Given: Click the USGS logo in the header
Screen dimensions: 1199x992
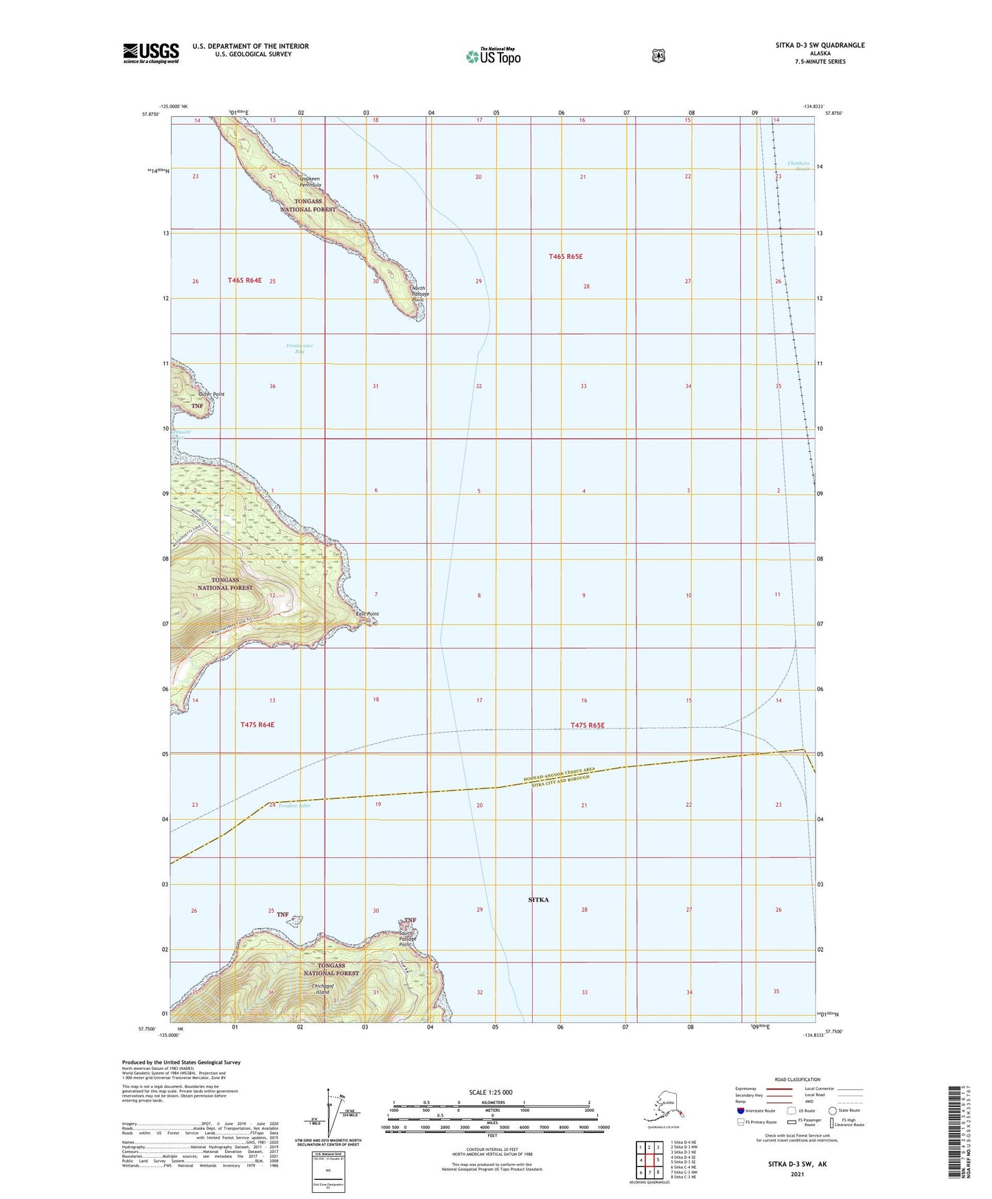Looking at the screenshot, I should (151, 52).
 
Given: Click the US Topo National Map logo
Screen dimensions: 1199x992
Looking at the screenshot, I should (493, 56).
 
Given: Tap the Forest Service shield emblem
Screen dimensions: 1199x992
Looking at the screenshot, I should (658, 56).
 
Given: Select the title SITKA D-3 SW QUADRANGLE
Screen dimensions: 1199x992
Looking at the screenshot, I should (820, 45).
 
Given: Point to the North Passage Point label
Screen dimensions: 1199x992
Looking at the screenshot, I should (419, 294).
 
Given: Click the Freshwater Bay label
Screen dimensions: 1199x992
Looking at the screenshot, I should (299, 349).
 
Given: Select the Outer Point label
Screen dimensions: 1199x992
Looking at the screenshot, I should (211, 394).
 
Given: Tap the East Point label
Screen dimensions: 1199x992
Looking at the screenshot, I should (367, 614).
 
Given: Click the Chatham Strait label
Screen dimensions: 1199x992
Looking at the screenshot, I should (798, 165).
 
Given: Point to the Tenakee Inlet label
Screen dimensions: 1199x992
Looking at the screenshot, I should (294, 806).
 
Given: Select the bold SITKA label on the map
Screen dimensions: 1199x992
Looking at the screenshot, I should (538, 899).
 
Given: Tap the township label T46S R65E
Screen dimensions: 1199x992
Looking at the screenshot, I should (566, 256).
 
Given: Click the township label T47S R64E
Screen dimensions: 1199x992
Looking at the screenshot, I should (257, 724).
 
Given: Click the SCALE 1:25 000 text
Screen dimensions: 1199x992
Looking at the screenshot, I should (490, 1092).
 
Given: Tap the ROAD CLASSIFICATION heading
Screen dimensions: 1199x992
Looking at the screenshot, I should (798, 1080).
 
